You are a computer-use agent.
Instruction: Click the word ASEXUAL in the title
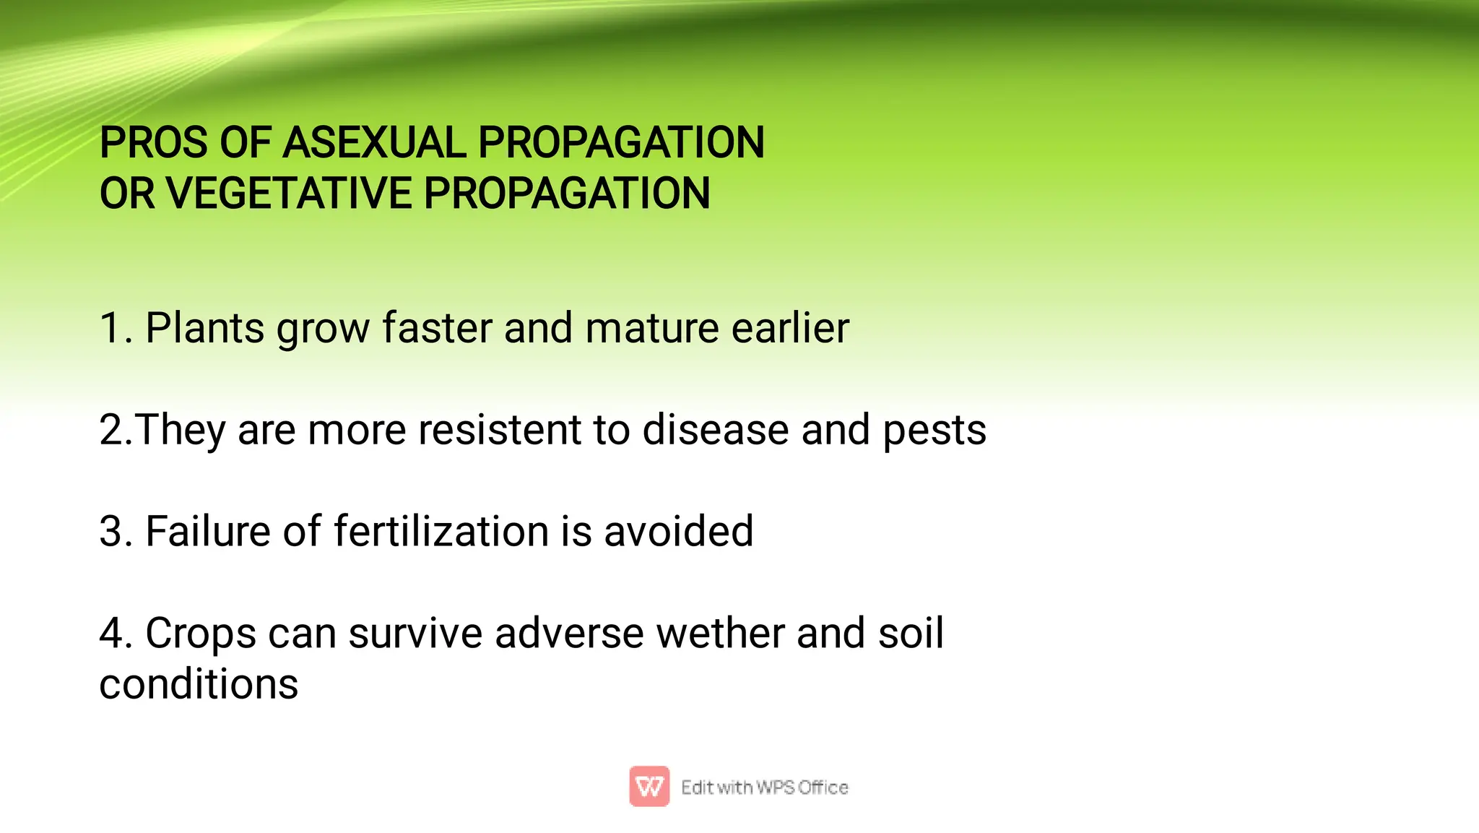point(374,142)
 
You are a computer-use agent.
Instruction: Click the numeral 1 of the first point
point(110,329)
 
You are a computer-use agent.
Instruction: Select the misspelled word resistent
point(500,431)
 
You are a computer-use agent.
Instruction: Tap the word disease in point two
point(715,431)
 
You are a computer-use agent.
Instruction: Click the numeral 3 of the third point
point(112,532)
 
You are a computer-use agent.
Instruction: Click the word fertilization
point(441,532)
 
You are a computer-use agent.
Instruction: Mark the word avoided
point(678,532)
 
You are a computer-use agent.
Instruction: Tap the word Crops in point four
point(200,634)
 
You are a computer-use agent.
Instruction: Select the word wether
point(720,634)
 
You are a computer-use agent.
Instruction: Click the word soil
point(910,634)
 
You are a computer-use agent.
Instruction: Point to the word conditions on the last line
point(199,684)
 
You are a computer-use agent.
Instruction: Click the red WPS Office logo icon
point(649,786)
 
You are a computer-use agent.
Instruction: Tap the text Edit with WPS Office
point(764,787)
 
